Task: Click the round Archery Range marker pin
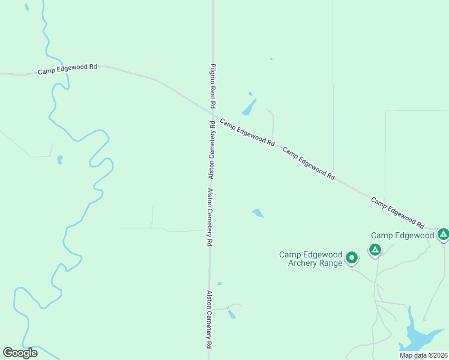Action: click(x=352, y=258)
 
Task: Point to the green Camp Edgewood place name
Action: click(x=402, y=235)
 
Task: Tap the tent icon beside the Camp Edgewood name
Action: click(x=443, y=234)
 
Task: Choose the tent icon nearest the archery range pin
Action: click(x=375, y=249)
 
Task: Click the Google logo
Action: click(x=20, y=353)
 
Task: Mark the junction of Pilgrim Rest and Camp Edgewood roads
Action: click(x=213, y=114)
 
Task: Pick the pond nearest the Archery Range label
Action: click(x=258, y=213)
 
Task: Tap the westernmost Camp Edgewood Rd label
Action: click(x=67, y=70)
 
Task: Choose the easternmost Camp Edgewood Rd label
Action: click(x=398, y=209)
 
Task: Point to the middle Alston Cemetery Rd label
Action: click(x=210, y=218)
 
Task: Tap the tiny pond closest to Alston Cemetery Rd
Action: click(x=220, y=283)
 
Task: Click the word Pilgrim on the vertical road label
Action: click(x=212, y=73)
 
